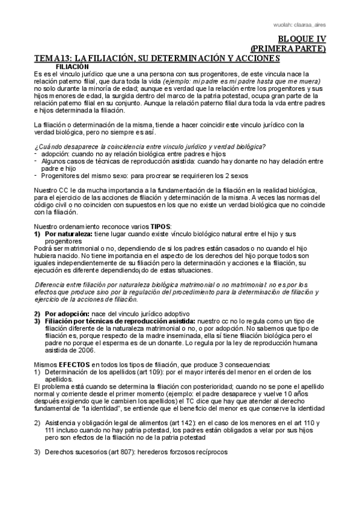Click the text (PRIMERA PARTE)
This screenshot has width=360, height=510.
click(288, 48)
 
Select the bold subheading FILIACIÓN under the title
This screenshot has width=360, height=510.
click(72, 66)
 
